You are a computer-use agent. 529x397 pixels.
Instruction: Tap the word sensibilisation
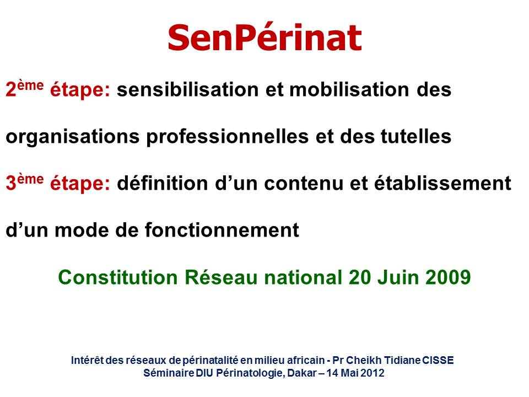(x=188, y=90)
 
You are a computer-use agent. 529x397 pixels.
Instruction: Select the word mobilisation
(x=349, y=90)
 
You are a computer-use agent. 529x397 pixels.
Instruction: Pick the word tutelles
(x=416, y=137)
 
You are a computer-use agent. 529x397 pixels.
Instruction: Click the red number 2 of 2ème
(x=11, y=90)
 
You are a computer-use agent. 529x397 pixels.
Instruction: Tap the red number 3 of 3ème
(x=11, y=184)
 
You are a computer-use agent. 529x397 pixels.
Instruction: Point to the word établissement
(x=442, y=183)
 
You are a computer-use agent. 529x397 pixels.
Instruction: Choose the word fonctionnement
(x=222, y=230)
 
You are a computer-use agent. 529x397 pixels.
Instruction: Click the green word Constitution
(x=118, y=277)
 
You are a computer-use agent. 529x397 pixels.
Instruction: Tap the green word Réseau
(x=221, y=277)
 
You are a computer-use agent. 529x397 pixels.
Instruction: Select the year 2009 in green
(x=448, y=277)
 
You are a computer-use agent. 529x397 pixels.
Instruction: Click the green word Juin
(x=398, y=277)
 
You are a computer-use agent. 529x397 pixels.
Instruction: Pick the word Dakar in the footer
(x=302, y=373)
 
